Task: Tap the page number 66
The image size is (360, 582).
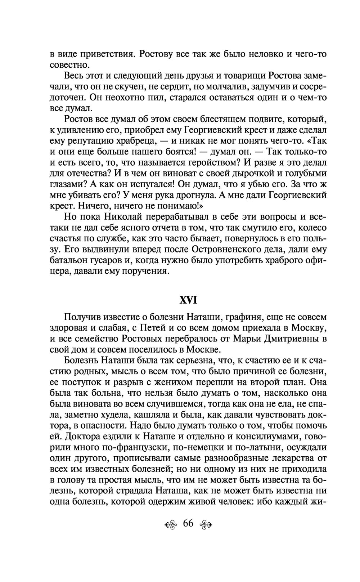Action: point(188,523)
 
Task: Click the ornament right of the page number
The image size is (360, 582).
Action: point(206,524)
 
